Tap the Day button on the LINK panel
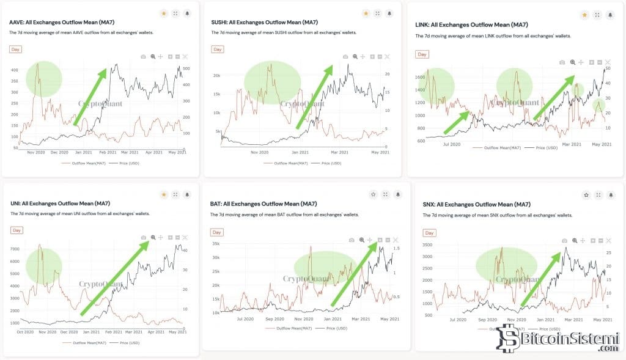422,54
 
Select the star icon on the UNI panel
163,194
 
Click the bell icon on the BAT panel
398,194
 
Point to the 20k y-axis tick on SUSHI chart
216,76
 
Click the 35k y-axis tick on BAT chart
215,243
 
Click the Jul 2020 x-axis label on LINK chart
451,144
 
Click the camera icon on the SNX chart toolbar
564,241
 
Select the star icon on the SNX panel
586,195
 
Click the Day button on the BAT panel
217,232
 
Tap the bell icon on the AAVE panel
187,13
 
